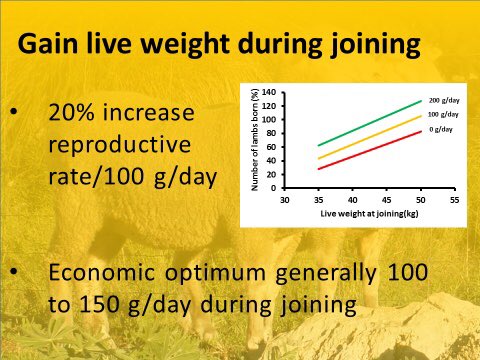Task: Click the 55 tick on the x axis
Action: (x=455, y=198)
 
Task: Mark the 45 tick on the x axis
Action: (x=389, y=198)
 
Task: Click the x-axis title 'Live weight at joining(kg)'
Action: (x=371, y=211)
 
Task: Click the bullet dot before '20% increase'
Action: (x=14, y=113)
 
